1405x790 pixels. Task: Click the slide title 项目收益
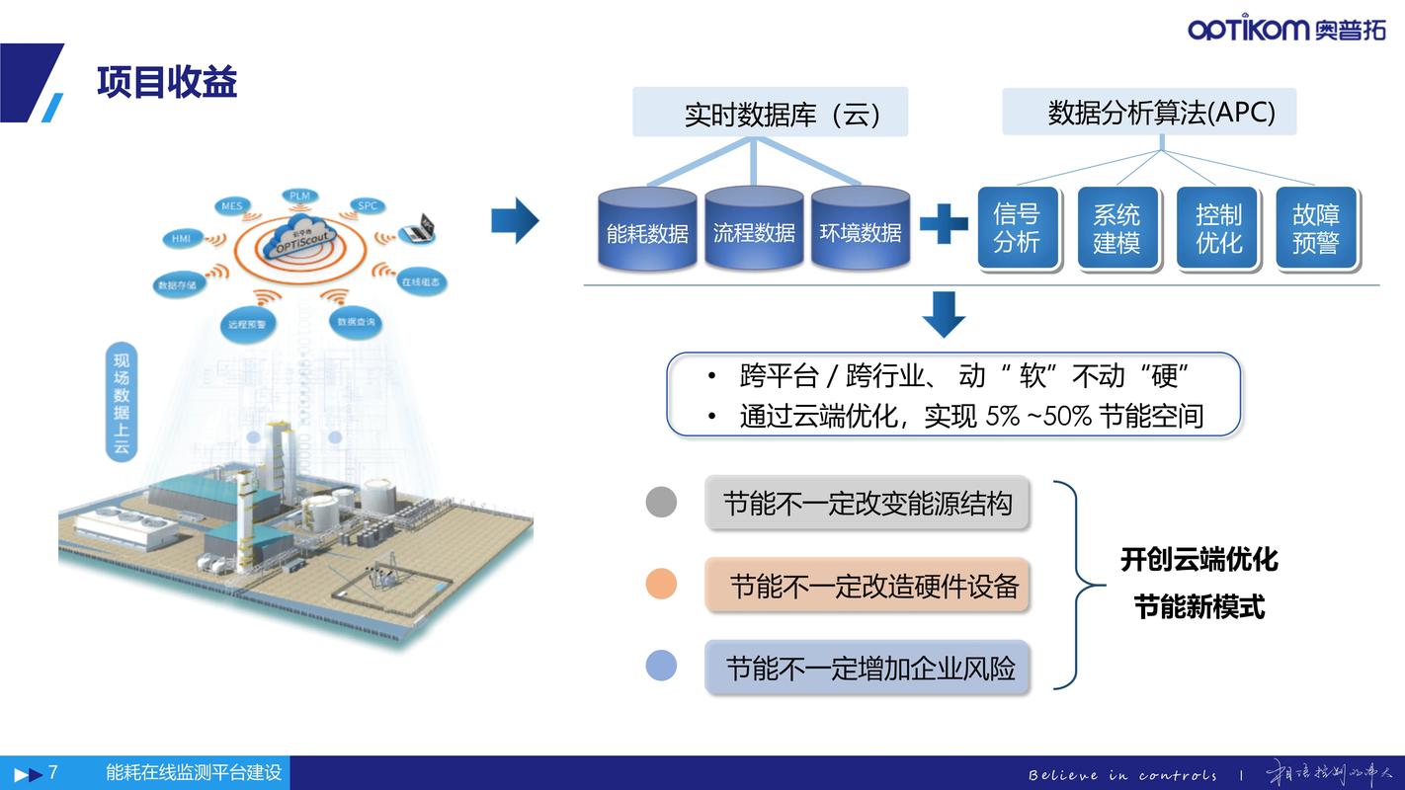point(167,82)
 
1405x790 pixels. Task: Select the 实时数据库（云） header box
point(770,113)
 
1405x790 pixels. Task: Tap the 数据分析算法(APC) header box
point(1149,112)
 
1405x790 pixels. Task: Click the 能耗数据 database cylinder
point(647,229)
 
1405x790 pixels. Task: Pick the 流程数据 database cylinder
point(754,229)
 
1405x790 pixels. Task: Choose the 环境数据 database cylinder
point(861,229)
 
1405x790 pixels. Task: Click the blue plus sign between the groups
point(944,224)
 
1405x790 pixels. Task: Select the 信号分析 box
point(1017,228)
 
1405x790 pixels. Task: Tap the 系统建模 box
point(1116,228)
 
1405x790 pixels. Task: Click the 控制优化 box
point(1217,228)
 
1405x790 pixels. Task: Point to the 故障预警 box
point(1316,228)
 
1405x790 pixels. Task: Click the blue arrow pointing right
point(515,220)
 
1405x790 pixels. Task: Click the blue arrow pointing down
point(944,314)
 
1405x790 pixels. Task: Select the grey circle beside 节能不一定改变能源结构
point(661,502)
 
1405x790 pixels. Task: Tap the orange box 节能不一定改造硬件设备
point(867,586)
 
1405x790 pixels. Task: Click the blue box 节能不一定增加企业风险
point(867,668)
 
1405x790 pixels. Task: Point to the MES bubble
point(232,206)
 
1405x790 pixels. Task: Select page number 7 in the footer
point(53,772)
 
